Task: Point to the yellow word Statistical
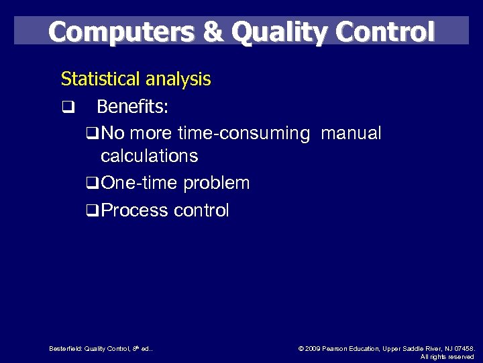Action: [x=98, y=79]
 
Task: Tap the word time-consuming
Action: [x=244, y=134]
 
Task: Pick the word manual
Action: [x=351, y=134]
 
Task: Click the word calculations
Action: [x=149, y=156]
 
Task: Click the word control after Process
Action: [x=201, y=210]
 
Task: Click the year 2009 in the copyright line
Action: [x=313, y=349]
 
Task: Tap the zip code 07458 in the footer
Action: [x=463, y=349]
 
